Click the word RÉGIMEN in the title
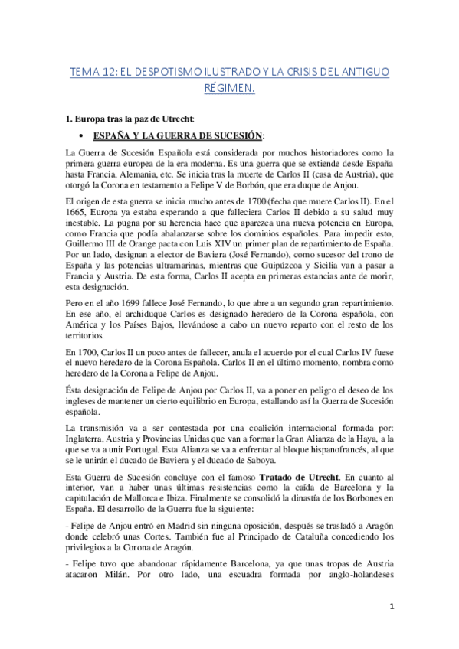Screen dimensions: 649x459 point(229,89)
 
